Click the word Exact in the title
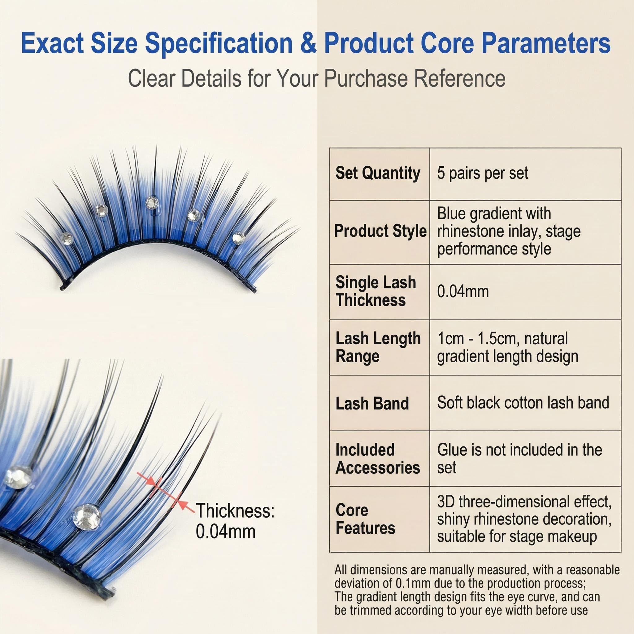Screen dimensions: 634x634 tap(52, 43)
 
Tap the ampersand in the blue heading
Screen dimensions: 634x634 tap(308, 43)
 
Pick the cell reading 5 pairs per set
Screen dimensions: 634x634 tap(482, 173)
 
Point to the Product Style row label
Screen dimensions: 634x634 tap(380, 231)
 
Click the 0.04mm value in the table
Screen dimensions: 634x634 tap(463, 291)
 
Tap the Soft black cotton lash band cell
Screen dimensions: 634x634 tap(523, 402)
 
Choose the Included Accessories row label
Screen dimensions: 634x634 tap(378, 458)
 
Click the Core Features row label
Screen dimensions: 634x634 tap(365, 519)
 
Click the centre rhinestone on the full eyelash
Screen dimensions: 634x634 tap(152, 202)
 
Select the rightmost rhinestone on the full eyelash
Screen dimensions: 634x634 tap(238, 237)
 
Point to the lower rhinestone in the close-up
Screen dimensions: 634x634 tap(86, 517)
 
